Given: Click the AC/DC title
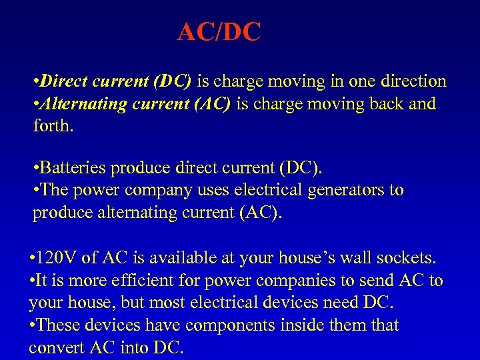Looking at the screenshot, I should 219,32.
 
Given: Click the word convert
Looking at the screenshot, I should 55,347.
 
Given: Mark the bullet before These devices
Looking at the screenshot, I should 32,326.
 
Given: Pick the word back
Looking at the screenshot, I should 384,103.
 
